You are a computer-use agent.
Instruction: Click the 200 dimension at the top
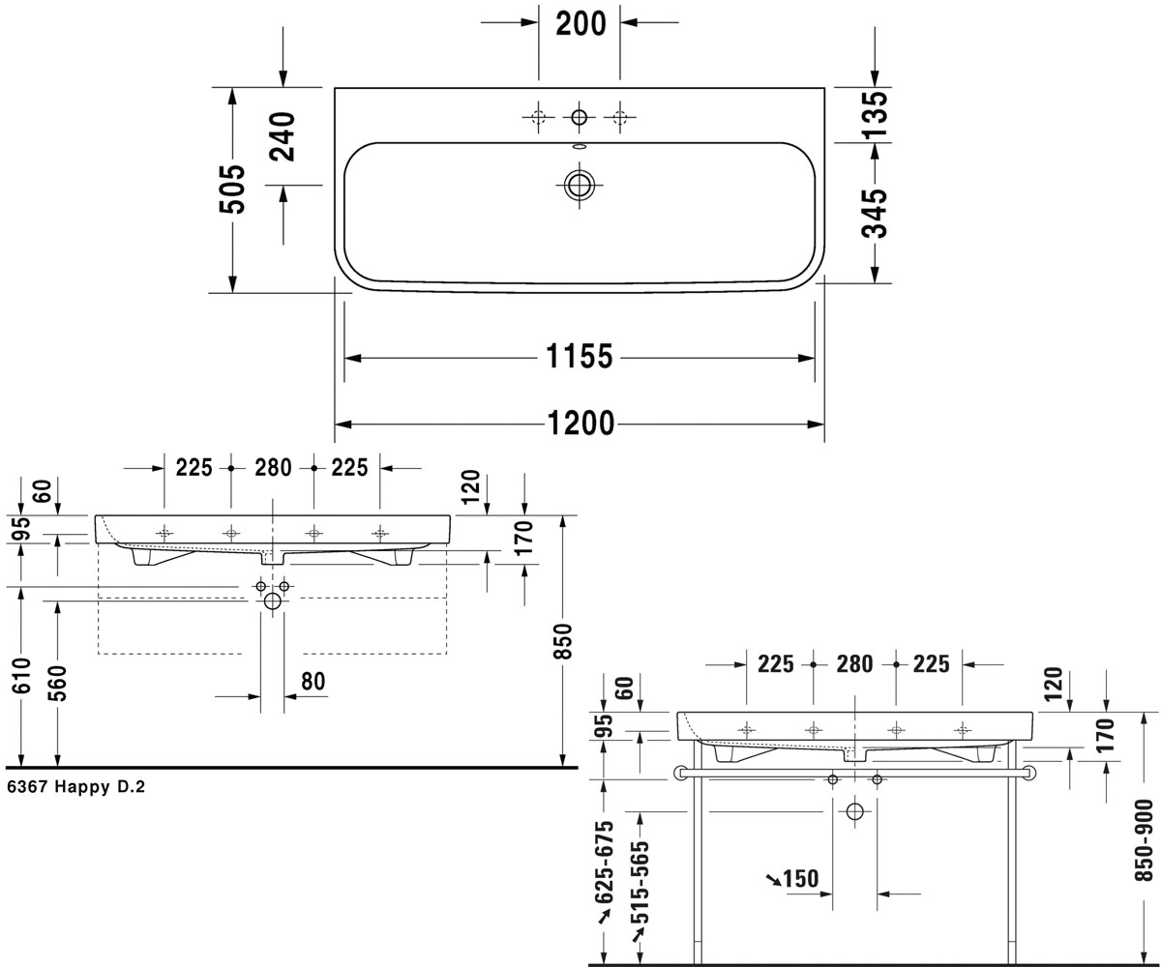580,24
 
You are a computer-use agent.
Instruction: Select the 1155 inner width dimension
580,356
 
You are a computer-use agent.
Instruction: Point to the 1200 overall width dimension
581,424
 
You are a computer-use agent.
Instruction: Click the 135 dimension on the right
875,114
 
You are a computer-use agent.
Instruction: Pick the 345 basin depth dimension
875,214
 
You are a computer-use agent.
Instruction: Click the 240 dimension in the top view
283,136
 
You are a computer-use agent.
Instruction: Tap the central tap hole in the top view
579,117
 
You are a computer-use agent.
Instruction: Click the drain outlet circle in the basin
579,185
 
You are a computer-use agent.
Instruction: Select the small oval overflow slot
579,147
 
